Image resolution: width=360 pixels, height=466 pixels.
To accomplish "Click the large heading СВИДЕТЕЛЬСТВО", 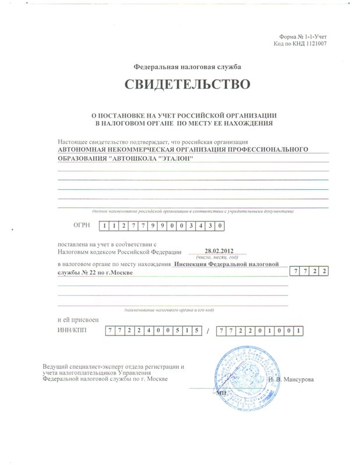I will [187, 84].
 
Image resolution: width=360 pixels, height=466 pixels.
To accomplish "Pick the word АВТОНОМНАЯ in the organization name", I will [83, 150].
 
